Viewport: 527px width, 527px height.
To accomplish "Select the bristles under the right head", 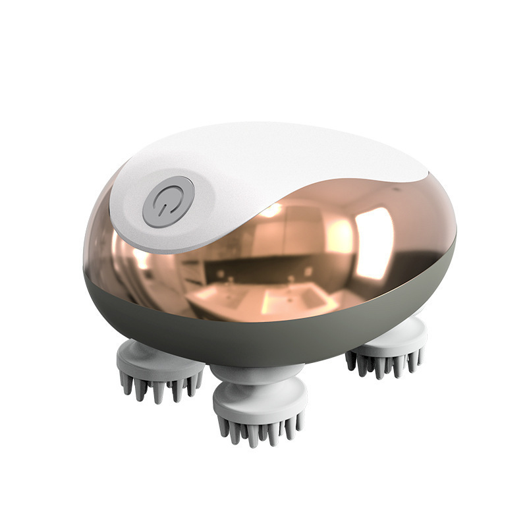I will click(x=385, y=362).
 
